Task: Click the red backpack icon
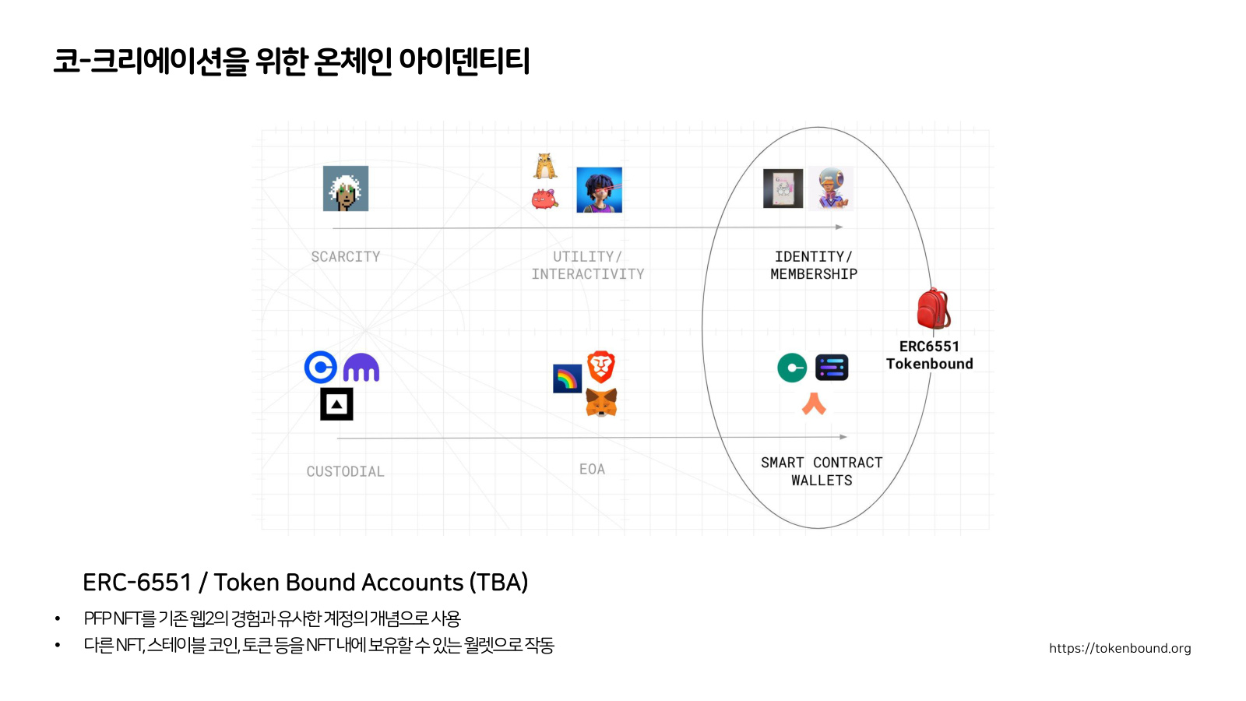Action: click(x=934, y=308)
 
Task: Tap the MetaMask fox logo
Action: click(x=601, y=403)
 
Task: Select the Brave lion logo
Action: click(x=601, y=367)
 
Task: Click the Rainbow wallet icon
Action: click(x=568, y=379)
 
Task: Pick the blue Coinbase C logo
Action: click(x=320, y=367)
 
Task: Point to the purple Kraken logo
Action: click(x=361, y=367)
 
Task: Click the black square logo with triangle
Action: click(x=336, y=404)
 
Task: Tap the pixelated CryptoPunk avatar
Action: click(x=346, y=188)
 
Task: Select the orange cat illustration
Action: click(x=545, y=167)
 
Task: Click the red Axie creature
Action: click(x=544, y=199)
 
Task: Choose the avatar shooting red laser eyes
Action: click(x=599, y=190)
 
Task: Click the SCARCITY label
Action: click(x=346, y=256)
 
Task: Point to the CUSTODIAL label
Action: click(x=346, y=472)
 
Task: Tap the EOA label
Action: click(x=593, y=469)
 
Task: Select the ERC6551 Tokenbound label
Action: click(x=930, y=355)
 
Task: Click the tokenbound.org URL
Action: click(x=1120, y=648)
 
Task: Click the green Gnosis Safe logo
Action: click(x=792, y=368)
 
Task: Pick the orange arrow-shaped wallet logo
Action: click(x=814, y=404)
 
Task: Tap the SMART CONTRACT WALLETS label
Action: click(x=822, y=471)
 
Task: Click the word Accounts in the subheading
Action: click(x=412, y=583)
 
